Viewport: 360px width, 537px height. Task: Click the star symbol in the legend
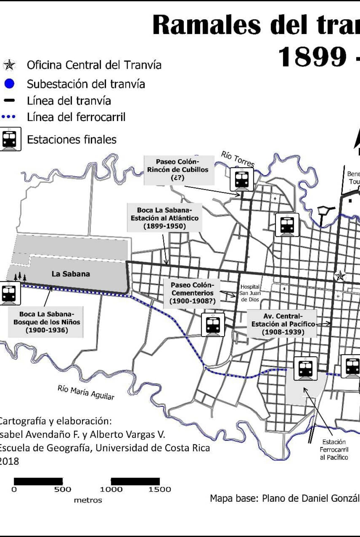9,65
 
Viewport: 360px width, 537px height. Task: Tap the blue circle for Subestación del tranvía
9,84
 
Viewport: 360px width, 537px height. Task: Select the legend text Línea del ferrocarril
76,117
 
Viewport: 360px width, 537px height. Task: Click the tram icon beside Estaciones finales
10,139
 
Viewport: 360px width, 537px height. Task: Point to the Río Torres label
237,159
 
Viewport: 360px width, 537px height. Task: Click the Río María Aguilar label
86,393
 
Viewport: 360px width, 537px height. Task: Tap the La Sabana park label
71,274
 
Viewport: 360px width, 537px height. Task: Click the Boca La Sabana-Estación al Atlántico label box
165,218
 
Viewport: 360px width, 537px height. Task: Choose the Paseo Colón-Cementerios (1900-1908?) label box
192,293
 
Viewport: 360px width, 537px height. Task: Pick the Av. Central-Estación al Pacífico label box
283,324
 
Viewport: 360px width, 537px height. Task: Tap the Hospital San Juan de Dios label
250,293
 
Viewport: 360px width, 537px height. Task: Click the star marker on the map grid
340,276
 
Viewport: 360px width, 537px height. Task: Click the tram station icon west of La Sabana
9,293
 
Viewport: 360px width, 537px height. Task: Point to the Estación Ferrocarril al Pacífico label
334,449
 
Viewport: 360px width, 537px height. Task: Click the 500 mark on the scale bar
63,489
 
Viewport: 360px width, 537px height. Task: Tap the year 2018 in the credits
9,461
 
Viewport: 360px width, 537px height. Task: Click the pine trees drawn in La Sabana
20,277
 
